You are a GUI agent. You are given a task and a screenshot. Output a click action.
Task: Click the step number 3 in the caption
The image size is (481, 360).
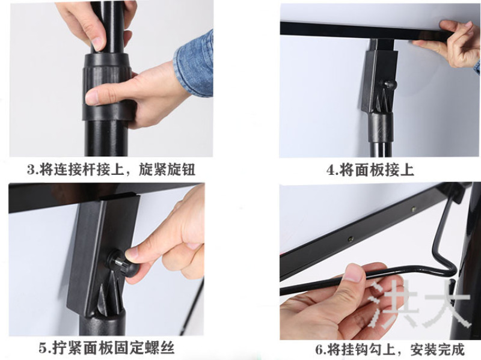pos(31,169)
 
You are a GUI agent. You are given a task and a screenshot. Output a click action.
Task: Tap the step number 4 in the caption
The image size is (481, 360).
pos(331,170)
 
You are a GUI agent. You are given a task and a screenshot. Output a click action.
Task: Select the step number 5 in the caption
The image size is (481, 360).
pos(43,349)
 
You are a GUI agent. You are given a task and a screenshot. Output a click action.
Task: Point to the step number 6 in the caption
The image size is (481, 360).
pos(320,350)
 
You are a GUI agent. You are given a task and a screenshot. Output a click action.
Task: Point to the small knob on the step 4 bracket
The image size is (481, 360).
pos(390,84)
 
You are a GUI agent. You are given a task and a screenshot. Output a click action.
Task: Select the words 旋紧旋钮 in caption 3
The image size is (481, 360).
pos(167,169)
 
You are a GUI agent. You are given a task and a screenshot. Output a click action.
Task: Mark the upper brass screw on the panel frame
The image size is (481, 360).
pos(414,209)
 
